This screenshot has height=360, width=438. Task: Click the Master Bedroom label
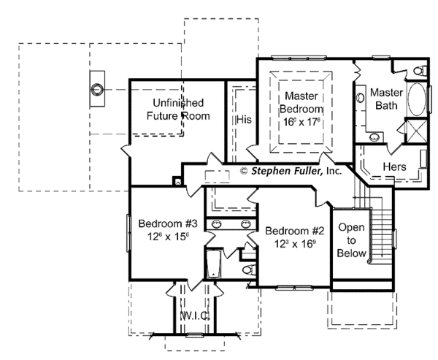click(299, 102)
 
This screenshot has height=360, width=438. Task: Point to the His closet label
click(243, 118)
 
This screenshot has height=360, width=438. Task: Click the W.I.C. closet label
click(195, 315)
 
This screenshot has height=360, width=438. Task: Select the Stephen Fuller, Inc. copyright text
click(291, 172)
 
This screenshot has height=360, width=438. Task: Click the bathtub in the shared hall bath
click(213, 263)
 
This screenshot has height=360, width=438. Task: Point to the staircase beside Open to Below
click(380, 226)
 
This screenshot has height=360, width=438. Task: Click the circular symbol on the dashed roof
click(96, 91)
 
